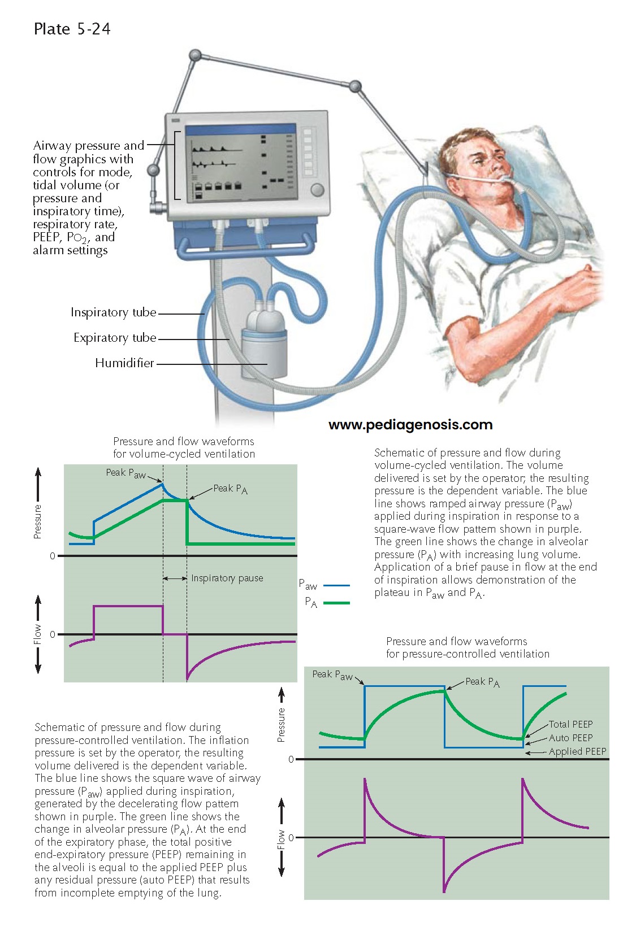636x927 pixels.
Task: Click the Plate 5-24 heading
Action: [x=72, y=29]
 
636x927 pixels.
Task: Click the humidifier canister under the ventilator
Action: [x=263, y=352]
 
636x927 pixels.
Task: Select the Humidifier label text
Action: [x=124, y=363]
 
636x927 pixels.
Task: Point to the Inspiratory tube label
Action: [x=113, y=312]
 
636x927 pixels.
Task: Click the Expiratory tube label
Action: [x=115, y=338]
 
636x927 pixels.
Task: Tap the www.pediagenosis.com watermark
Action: [x=410, y=425]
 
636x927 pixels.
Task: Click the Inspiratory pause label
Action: [x=227, y=578]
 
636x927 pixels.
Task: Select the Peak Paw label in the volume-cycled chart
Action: [x=126, y=473]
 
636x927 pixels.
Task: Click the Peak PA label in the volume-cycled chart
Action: [x=230, y=489]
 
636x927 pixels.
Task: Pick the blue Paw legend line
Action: [x=336, y=585]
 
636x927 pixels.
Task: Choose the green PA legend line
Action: [x=336, y=603]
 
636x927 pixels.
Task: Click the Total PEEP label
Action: [x=570, y=724]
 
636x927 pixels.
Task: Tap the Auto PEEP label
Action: [x=570, y=738]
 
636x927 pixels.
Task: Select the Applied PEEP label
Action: [x=577, y=751]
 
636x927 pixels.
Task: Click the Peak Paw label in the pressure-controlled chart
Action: [x=332, y=674]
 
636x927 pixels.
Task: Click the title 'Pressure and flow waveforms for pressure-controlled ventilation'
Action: [x=468, y=647]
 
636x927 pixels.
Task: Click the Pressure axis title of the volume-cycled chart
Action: [x=38, y=521]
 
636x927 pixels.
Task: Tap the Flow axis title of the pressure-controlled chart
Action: [x=281, y=839]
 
